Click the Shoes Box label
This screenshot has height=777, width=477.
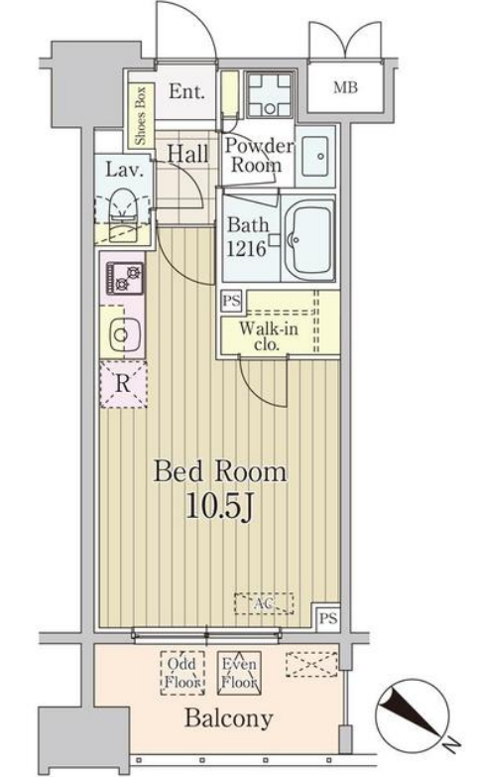141,115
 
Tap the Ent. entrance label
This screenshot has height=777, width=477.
186,91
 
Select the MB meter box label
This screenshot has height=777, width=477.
345,87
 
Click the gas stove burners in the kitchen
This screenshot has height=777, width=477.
124,279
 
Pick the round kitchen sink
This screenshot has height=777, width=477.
121,334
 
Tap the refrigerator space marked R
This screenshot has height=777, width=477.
123,385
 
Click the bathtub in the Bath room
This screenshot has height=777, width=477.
308,238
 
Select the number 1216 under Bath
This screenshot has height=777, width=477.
246,248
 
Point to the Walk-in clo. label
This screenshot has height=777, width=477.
268,335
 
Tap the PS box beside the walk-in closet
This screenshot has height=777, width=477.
232,301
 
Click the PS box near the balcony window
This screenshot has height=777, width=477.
327,618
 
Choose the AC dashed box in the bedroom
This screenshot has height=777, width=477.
264,603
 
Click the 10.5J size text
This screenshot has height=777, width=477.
220,505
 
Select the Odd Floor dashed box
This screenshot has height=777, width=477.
182,673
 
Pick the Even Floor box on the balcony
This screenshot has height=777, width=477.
239,673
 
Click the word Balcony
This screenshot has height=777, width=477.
228,718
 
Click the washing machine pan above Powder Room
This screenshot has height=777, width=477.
270,94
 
